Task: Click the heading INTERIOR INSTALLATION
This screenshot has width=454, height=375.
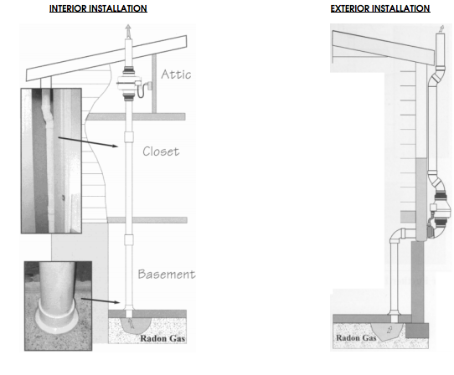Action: tap(98, 8)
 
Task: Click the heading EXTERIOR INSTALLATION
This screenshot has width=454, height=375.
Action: tap(380, 8)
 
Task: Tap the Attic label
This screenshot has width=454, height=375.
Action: tap(176, 74)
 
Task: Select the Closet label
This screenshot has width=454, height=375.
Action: tap(161, 152)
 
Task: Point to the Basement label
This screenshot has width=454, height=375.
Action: tap(167, 274)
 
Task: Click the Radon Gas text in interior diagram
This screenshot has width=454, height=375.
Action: tap(163, 338)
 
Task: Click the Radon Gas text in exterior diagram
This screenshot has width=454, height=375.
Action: tap(356, 337)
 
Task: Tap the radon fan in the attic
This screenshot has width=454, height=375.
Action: tap(129, 84)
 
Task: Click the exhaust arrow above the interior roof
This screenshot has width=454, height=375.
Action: tap(128, 31)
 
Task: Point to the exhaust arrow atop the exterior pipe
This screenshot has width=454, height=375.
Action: tap(441, 29)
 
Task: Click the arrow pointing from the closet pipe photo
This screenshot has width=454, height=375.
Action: tap(88, 142)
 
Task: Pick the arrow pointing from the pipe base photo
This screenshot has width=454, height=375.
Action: tap(101, 301)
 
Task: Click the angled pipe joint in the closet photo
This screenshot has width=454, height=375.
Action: tap(47, 115)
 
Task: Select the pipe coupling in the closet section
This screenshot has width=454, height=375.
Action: tap(129, 137)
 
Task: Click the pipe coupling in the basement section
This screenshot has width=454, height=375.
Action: tap(129, 240)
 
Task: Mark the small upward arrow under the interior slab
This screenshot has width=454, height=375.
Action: tap(132, 323)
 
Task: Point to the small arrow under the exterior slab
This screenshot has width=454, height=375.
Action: tap(390, 330)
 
